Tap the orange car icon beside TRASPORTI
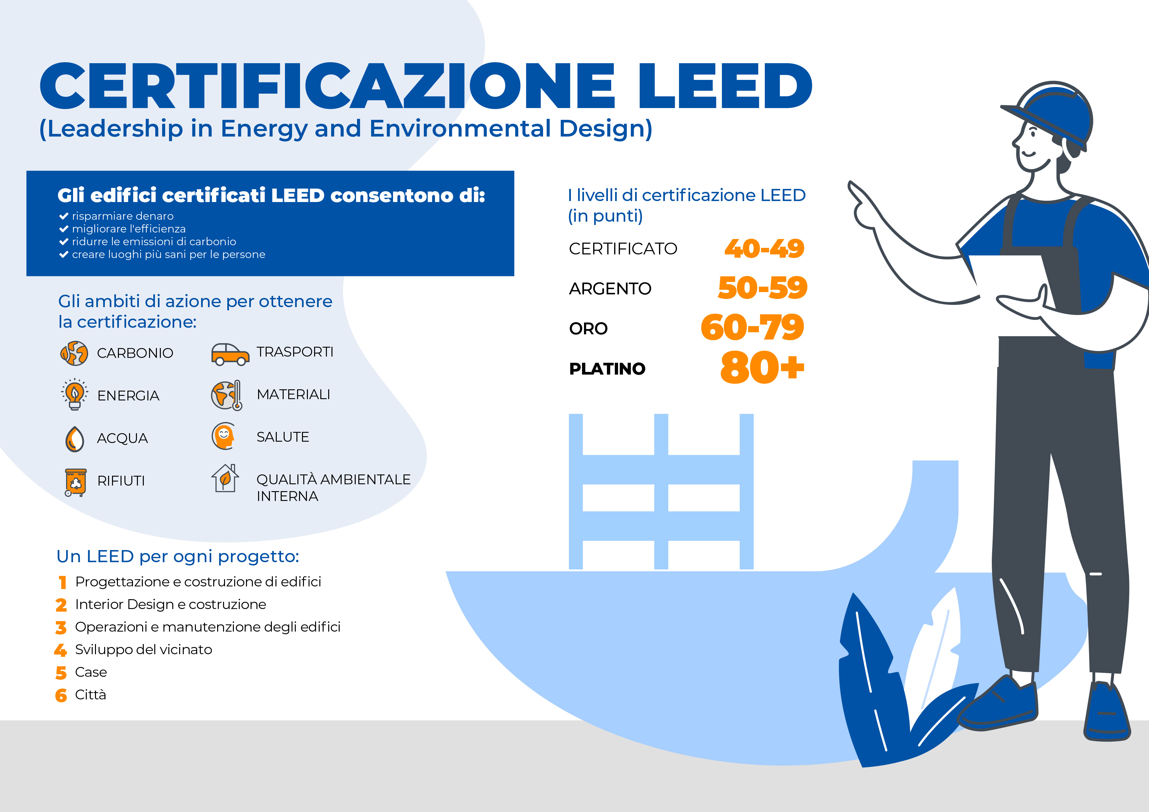(230, 354)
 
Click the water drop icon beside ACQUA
(75, 439)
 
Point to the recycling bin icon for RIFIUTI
(76, 482)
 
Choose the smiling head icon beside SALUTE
(223, 436)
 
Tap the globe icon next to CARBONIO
(74, 353)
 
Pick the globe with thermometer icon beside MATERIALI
(227, 395)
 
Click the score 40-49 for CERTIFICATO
(764, 249)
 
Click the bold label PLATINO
(607, 369)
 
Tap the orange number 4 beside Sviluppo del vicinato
(61, 650)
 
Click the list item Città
(91, 695)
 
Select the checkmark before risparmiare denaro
(64, 216)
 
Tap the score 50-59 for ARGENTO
(762, 288)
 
